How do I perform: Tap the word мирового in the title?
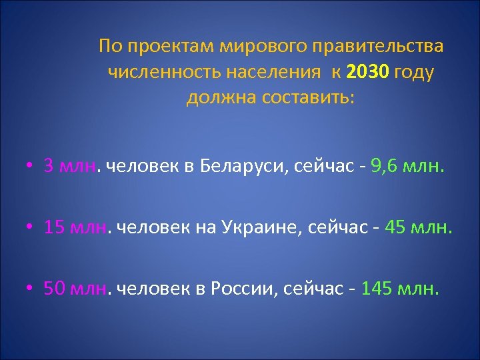[251, 47]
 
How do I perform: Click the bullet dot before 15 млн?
[32, 229]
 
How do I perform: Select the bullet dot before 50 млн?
[32, 289]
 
